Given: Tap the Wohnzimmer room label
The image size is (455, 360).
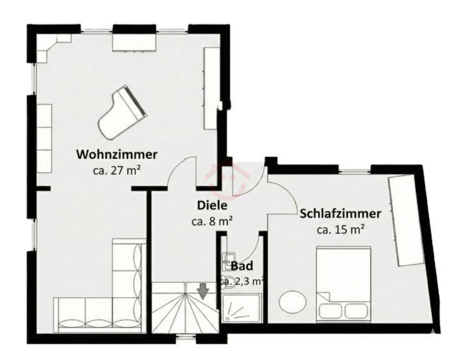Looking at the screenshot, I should coord(117,154).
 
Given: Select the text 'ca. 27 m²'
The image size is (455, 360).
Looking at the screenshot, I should coord(117,170).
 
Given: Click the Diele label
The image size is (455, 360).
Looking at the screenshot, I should coord(211,206).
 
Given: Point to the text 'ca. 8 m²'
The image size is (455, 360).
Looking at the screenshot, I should coord(211,221).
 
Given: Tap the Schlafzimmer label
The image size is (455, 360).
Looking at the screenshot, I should coord(340,213).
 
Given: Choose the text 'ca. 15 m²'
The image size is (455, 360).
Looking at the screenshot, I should coord(340,229).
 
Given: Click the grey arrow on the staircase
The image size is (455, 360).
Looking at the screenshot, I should coord(203,292).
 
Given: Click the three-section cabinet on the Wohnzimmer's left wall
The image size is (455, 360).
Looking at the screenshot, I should coord(44,137).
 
